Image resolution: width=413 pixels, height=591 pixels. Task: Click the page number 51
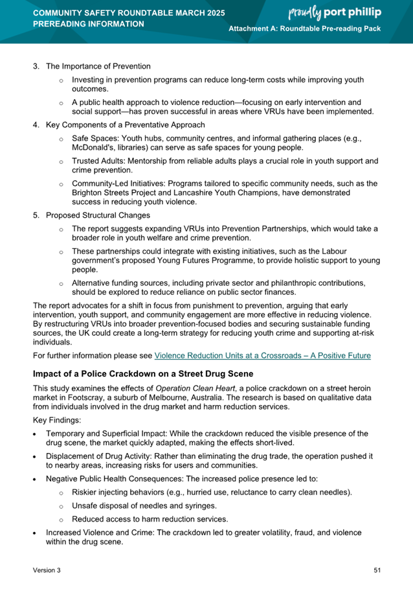[x=377, y=570]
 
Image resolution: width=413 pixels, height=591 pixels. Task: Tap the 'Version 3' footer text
[x=47, y=570]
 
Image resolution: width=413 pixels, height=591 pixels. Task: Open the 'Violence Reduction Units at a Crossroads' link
[x=263, y=355]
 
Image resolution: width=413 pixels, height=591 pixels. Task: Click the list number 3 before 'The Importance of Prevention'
[x=36, y=66]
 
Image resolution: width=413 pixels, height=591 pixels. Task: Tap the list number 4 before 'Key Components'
[x=36, y=124]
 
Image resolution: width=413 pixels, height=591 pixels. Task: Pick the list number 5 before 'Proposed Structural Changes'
[x=36, y=215]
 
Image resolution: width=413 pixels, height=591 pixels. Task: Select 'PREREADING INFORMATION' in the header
[x=89, y=24]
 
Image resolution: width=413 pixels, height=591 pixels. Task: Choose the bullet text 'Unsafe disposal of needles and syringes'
[x=144, y=505]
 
